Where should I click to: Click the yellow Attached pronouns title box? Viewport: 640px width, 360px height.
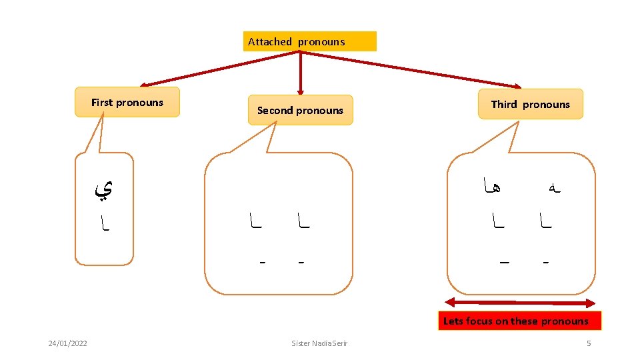[x=310, y=41]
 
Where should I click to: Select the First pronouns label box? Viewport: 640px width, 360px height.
[x=127, y=102]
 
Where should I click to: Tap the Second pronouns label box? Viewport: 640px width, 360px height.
[x=300, y=110]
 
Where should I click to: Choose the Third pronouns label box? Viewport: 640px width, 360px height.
[x=531, y=104]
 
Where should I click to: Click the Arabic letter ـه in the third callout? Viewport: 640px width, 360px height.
[x=549, y=189]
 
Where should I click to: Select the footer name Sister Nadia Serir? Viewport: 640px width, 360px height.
[x=319, y=343]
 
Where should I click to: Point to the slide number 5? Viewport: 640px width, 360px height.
[x=589, y=343]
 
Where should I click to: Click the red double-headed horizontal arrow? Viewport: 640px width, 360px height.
[x=519, y=302]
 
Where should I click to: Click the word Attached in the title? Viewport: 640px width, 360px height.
[x=270, y=41]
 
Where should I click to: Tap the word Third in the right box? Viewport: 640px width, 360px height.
[x=504, y=104]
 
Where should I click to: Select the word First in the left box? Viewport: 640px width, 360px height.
[x=102, y=102]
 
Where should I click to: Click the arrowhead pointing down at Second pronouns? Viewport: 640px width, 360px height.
[x=300, y=91]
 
